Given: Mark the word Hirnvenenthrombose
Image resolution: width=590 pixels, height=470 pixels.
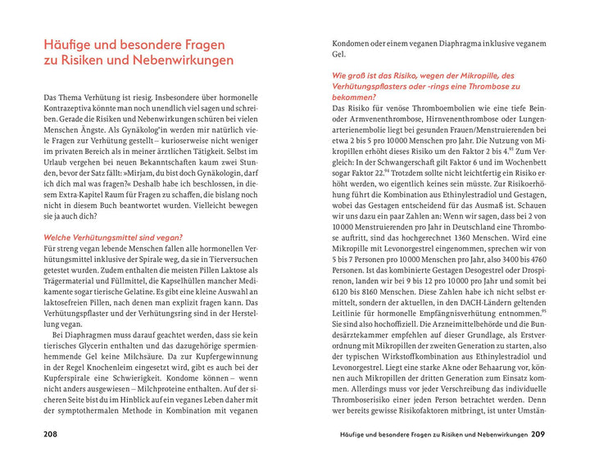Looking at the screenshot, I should [x=409, y=120].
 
